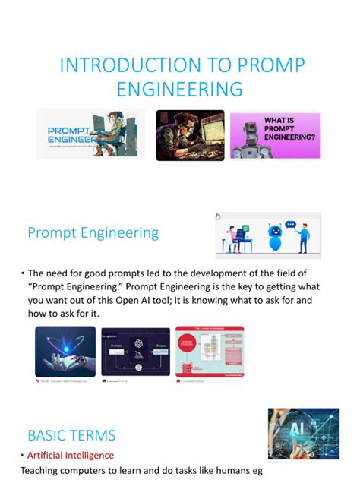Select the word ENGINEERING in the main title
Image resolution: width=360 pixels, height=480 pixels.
tap(180, 90)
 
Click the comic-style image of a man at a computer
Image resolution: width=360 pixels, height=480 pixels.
tap(190, 135)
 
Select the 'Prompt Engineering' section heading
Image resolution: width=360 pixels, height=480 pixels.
tap(93, 232)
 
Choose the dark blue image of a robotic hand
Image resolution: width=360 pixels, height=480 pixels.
tap(65, 352)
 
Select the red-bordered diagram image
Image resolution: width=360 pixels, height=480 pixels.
tap(210, 352)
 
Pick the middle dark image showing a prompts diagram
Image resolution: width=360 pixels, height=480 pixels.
tap(136, 352)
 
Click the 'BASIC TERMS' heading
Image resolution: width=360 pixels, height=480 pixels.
tap(71, 435)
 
